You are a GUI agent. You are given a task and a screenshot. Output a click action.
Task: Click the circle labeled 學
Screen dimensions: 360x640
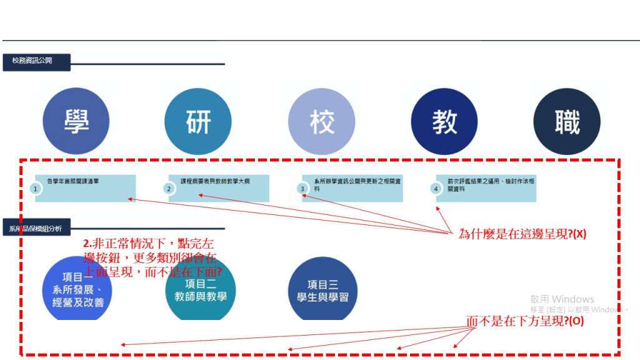[x=76, y=121]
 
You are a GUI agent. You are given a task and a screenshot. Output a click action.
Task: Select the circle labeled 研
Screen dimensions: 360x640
[x=198, y=121]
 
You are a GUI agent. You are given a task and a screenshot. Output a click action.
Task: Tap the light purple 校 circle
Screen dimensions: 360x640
[x=321, y=121]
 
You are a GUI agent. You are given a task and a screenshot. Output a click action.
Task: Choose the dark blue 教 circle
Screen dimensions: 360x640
[x=444, y=121]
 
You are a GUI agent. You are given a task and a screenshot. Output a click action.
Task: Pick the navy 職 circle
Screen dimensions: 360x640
[x=567, y=121]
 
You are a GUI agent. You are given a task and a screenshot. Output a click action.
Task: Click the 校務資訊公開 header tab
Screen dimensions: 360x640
[x=36, y=61]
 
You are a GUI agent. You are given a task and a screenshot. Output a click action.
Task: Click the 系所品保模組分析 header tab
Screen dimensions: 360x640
[x=36, y=227]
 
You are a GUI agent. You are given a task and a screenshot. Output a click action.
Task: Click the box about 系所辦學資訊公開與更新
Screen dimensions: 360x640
[x=354, y=187]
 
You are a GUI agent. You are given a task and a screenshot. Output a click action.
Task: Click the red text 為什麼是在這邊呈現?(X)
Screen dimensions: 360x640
[x=522, y=234]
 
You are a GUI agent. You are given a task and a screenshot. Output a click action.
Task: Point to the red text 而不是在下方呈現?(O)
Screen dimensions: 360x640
[x=525, y=321]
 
